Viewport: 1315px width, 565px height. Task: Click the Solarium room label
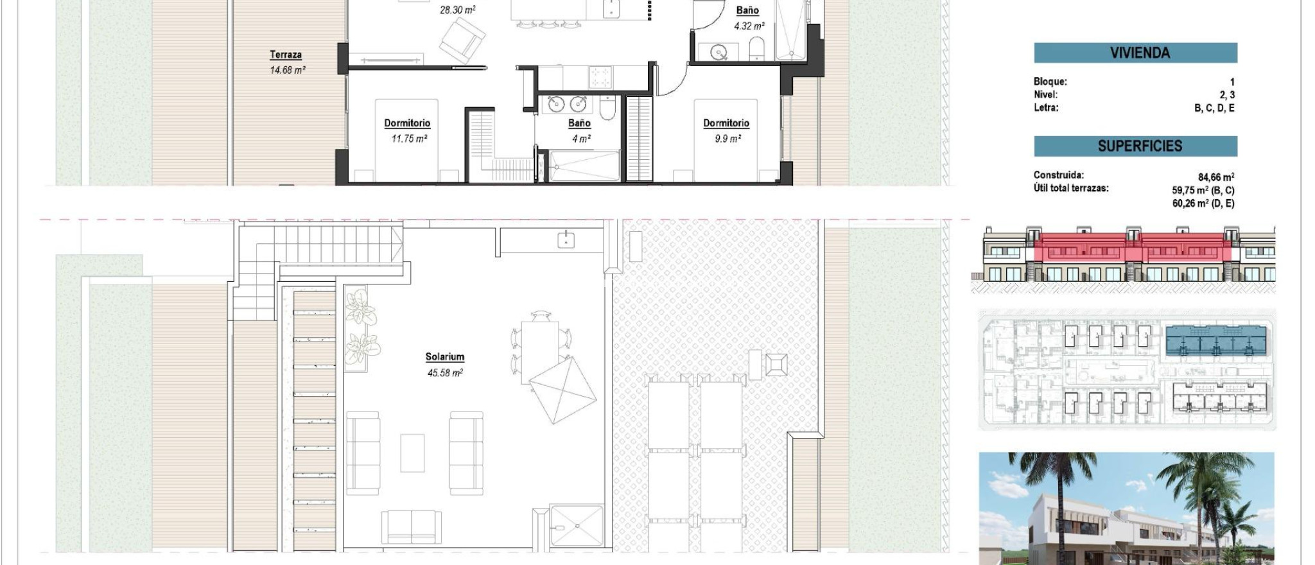(x=444, y=357)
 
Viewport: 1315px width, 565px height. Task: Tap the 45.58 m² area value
(x=445, y=373)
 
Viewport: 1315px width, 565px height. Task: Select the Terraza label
(x=286, y=55)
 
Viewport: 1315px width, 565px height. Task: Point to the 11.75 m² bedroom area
(x=409, y=139)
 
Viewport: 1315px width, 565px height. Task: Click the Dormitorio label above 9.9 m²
(x=726, y=123)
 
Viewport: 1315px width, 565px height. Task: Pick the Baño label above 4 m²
(x=579, y=123)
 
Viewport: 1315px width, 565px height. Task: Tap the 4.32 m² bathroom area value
(x=749, y=26)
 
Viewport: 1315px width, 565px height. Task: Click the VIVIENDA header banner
(x=1135, y=53)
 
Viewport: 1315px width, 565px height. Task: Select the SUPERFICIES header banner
(x=1135, y=146)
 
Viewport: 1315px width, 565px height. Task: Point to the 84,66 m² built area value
(x=1215, y=177)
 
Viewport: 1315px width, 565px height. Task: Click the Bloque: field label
(x=1050, y=82)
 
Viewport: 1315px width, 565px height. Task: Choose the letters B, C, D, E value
(x=1214, y=108)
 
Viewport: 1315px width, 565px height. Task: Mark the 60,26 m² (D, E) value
(x=1203, y=204)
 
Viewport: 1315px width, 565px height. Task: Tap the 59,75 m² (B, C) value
(x=1203, y=191)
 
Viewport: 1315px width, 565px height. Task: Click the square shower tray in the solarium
(x=577, y=526)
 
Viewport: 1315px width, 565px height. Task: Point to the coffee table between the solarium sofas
(x=412, y=453)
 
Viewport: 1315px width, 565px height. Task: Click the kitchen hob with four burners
(x=600, y=78)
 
